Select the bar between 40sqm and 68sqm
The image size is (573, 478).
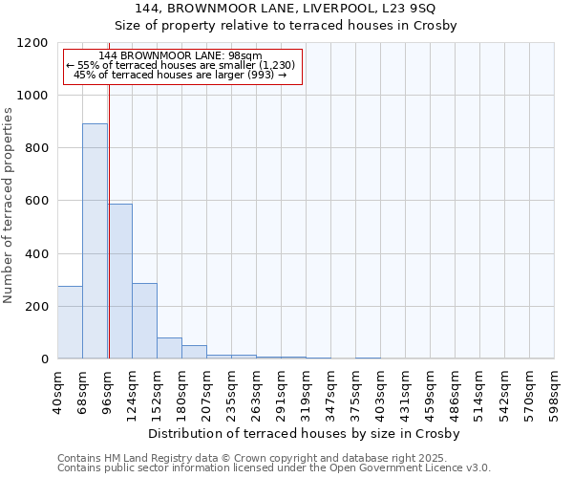[x=70, y=322]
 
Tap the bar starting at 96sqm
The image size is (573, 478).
[x=120, y=281]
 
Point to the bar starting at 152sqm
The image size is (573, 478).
[x=169, y=348]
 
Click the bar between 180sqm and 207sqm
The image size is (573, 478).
[x=194, y=352]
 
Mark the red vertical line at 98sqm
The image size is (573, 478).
[x=109, y=201]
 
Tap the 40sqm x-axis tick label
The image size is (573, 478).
[x=58, y=391]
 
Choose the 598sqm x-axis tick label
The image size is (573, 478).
[x=555, y=391]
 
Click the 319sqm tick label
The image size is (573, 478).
[x=307, y=391]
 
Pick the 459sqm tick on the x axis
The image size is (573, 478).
[x=431, y=391]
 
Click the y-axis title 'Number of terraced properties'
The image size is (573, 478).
[x=9, y=206]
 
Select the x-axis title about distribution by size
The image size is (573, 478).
[x=305, y=433]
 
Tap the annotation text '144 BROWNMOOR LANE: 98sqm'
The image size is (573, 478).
[x=180, y=56]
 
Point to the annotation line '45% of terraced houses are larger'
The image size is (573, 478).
[x=180, y=75]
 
